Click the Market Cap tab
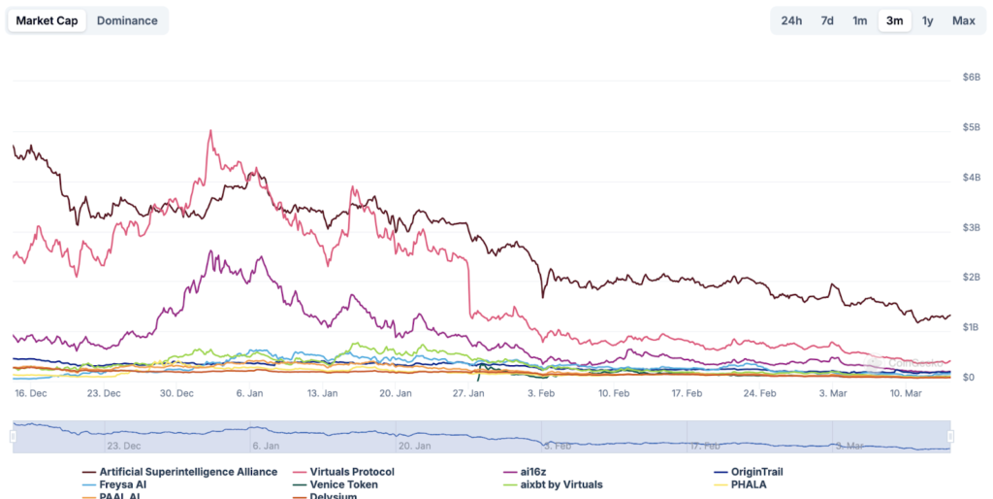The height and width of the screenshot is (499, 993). [47, 20]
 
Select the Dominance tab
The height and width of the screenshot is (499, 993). [127, 20]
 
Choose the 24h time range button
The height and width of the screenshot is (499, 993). [791, 20]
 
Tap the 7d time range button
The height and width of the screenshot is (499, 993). [827, 20]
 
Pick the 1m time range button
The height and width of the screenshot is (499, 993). [860, 20]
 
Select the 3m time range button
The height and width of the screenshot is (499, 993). [894, 20]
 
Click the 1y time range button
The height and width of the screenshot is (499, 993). [928, 20]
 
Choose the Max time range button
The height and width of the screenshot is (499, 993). [963, 20]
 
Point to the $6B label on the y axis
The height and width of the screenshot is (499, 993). [969, 77]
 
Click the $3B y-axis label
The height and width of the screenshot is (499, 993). [969, 227]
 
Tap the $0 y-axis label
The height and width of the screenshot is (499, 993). [968, 377]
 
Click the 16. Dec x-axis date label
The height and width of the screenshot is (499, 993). [31, 393]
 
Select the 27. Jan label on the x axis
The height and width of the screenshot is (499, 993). [468, 393]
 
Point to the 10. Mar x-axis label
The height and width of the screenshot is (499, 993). [905, 393]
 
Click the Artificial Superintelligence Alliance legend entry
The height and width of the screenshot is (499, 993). [188, 472]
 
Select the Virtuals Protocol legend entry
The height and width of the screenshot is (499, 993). [351, 472]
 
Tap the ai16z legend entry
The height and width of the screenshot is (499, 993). [533, 472]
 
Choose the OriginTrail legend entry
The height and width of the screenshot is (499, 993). [756, 472]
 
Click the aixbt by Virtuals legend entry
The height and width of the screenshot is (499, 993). [561, 484]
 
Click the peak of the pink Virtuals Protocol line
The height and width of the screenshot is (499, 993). [210, 130]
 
